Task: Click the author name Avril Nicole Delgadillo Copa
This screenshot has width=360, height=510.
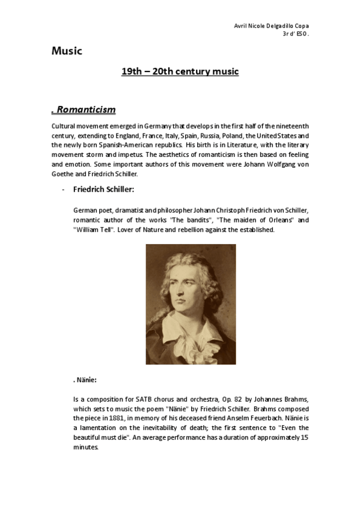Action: tap(274, 26)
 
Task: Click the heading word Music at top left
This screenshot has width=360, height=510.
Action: tap(66, 51)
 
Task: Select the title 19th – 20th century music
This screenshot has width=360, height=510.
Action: tap(180, 72)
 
